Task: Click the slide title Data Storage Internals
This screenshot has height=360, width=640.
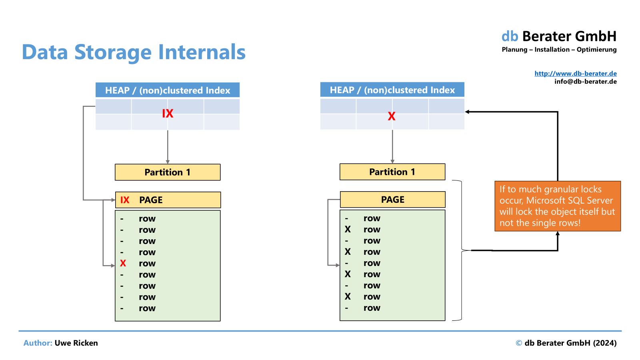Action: click(134, 52)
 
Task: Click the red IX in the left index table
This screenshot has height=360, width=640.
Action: click(168, 114)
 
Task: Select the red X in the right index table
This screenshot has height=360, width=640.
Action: click(392, 116)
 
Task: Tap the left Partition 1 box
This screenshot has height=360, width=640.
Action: click(168, 172)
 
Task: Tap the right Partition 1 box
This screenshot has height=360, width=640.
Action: click(392, 172)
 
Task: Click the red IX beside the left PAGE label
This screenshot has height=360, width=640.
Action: click(125, 200)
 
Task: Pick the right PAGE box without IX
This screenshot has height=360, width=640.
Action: click(392, 200)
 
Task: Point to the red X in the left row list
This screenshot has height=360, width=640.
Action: click(123, 263)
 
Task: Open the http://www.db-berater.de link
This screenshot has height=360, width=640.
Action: click(576, 74)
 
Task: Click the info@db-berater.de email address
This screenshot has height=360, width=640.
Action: click(586, 82)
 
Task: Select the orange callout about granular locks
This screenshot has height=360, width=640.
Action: click(558, 206)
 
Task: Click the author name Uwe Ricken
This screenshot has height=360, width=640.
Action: click(76, 343)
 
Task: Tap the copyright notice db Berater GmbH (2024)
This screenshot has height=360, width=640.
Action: click(566, 343)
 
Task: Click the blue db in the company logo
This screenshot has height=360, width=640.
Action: click(510, 36)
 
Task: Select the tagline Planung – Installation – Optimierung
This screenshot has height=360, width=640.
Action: click(559, 50)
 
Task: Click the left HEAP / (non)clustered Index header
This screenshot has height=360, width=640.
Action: click(168, 90)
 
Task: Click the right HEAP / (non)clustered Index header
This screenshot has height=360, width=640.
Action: click(392, 90)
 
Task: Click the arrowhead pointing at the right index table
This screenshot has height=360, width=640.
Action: click(467, 112)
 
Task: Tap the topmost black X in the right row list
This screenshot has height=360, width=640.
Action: click(348, 229)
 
